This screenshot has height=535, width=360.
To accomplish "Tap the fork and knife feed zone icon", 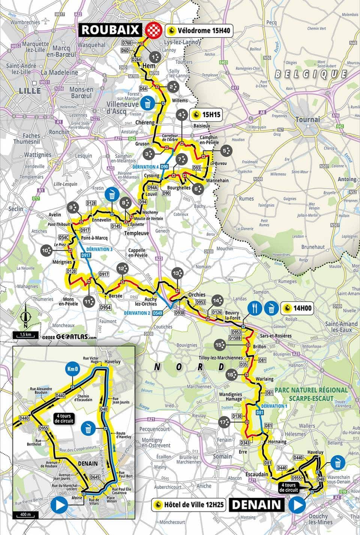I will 255,308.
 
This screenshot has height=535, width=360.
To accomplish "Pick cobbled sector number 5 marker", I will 227,151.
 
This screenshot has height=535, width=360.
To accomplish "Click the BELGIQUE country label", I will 311,74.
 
